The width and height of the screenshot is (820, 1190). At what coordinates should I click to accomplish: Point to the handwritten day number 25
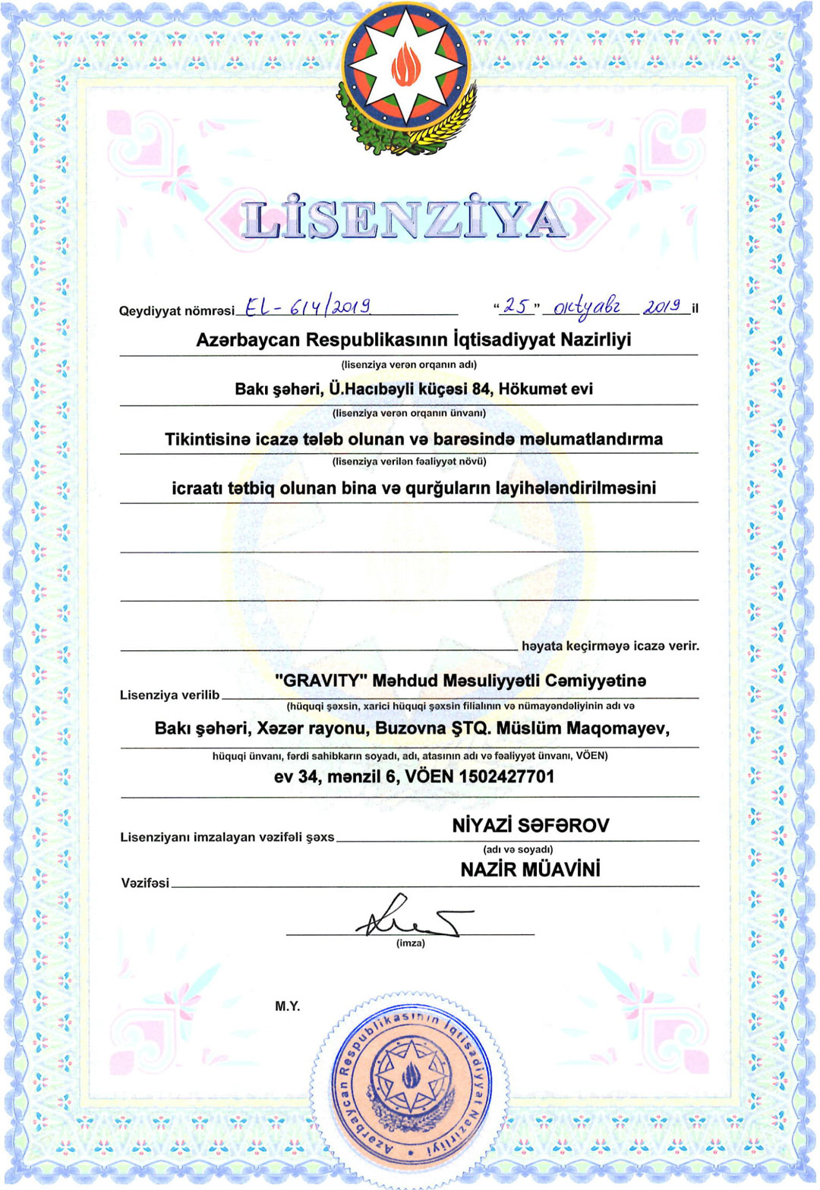click(x=516, y=306)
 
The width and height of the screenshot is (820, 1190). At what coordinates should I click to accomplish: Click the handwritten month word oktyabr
click(x=587, y=307)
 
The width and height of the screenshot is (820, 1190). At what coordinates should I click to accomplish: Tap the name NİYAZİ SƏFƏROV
click(x=530, y=825)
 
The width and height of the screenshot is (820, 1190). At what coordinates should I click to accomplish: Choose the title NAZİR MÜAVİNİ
click(x=530, y=870)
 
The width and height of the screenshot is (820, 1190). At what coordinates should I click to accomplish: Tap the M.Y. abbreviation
click(x=288, y=1006)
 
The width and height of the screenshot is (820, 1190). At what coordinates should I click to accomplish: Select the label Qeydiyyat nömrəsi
click(x=177, y=311)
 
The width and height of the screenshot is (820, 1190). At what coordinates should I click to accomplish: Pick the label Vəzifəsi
click(x=145, y=883)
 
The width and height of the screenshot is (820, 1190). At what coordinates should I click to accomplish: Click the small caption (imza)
click(x=410, y=943)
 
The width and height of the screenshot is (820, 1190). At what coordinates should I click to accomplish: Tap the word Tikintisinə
click(x=207, y=439)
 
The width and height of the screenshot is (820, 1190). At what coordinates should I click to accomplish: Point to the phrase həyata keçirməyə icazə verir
click(x=610, y=646)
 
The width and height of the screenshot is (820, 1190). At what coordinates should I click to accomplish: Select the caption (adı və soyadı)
click(x=518, y=849)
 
